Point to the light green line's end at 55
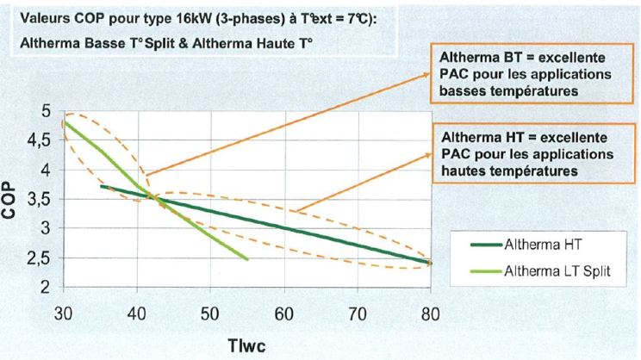pos(247,258)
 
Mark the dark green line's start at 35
pos(102,185)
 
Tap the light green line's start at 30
pos(65,122)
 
